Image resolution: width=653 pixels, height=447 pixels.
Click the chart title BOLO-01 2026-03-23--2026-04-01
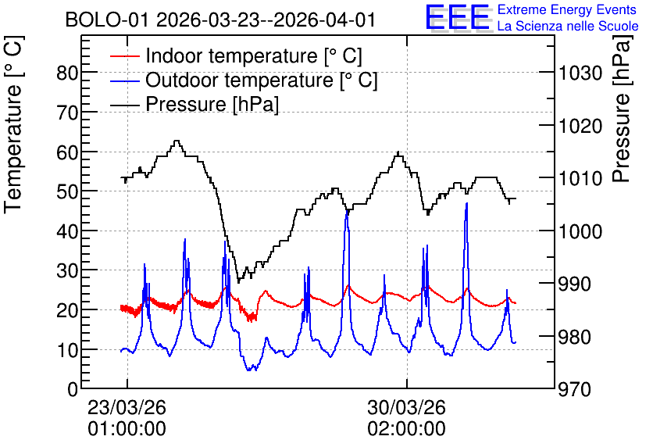220,20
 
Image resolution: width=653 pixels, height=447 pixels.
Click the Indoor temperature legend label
254,55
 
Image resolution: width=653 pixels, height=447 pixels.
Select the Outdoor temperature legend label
262,80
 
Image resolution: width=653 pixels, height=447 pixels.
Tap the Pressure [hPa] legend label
212,104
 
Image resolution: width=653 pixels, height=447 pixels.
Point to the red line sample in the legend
124,56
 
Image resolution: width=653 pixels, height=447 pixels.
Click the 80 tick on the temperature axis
67,73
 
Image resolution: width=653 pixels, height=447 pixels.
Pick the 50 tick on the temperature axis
67,191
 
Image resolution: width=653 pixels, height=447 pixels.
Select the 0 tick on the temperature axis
73,389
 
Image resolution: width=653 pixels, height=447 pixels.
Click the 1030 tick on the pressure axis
580,73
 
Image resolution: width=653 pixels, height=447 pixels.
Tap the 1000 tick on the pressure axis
580,231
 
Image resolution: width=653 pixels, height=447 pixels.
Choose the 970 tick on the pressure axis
575,389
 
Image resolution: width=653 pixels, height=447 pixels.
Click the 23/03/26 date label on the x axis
127,407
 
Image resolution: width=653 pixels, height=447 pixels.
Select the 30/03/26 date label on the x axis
406,407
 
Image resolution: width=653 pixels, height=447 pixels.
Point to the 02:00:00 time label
406,429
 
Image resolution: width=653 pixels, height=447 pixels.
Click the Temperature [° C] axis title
13,124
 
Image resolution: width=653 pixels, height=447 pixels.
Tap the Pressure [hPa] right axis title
623,109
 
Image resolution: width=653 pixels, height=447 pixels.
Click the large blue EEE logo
457,17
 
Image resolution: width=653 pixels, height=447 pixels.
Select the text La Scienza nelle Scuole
568,27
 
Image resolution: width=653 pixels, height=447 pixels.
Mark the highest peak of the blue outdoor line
467,203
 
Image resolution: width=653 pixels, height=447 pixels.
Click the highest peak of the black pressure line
177,141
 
